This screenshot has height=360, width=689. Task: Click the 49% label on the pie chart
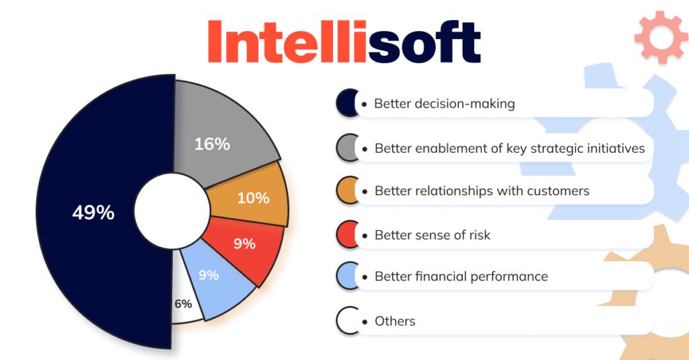[x=94, y=213]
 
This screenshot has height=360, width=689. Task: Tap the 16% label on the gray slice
[x=212, y=143]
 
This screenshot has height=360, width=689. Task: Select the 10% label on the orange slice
[x=253, y=198]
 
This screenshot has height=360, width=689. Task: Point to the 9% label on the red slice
[x=244, y=244]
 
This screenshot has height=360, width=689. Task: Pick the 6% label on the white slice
[x=183, y=303]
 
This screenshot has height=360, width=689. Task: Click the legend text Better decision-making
[x=444, y=104]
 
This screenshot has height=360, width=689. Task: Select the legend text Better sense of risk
[x=432, y=235]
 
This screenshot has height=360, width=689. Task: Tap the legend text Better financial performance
[x=461, y=277]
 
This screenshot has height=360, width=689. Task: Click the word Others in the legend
[x=395, y=321]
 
